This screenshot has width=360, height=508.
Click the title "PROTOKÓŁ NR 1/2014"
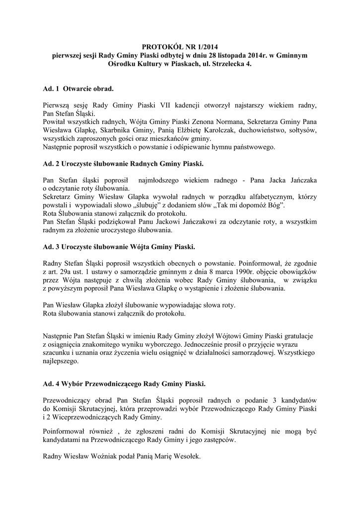click(180, 48)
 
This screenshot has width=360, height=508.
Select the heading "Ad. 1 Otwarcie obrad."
click(78, 89)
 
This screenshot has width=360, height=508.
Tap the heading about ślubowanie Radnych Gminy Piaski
click(123, 163)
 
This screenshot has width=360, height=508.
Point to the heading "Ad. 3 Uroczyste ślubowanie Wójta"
click(119, 247)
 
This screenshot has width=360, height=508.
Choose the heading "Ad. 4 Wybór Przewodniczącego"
click(124, 383)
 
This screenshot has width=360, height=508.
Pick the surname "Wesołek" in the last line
click(186, 457)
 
